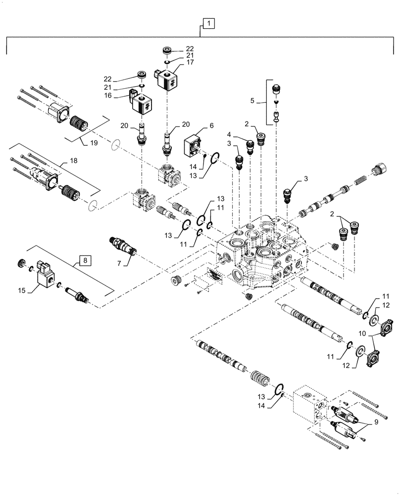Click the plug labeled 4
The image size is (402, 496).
pos(250,145)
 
